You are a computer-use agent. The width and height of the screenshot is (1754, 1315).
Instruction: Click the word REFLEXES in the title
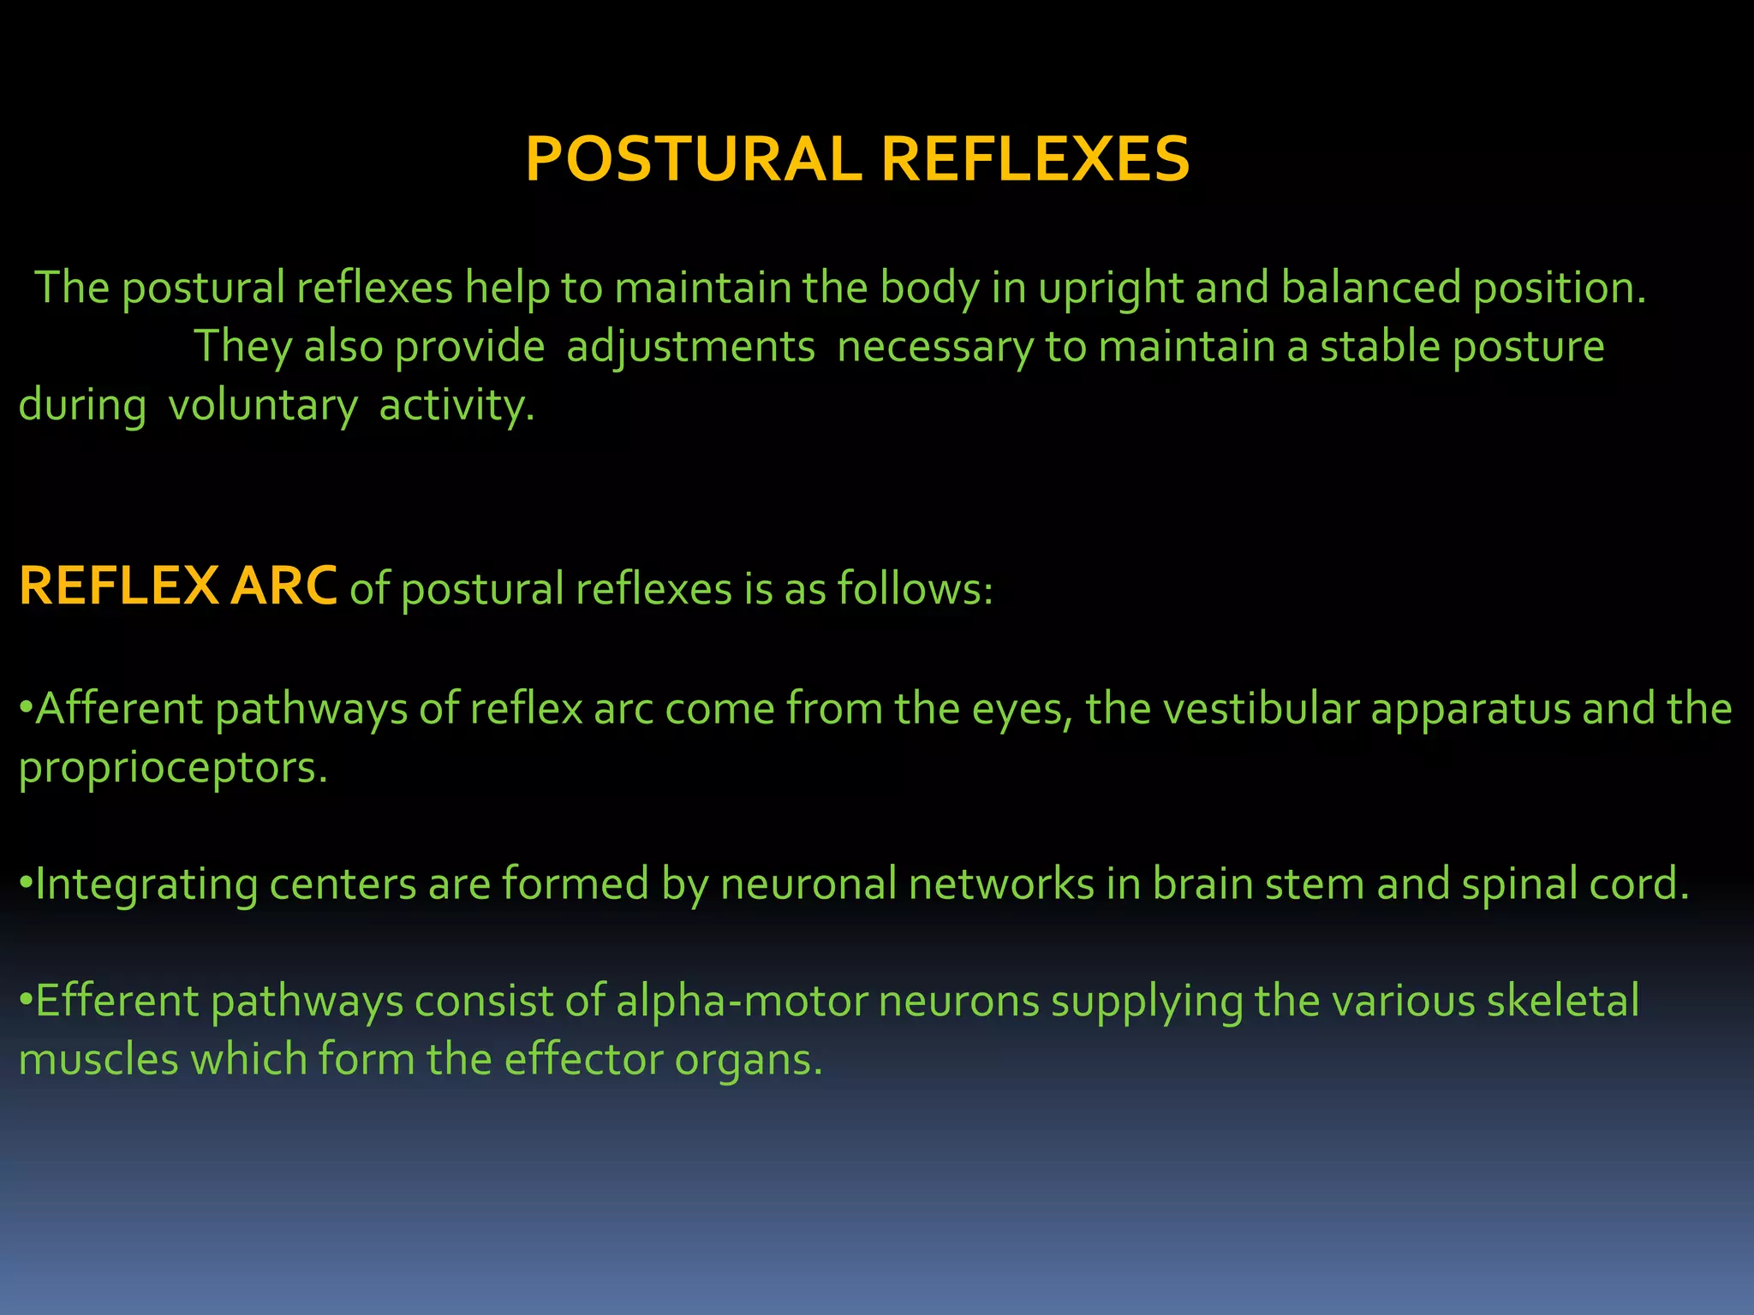click(1035, 160)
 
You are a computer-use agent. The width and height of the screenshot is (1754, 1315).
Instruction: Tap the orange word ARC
click(283, 587)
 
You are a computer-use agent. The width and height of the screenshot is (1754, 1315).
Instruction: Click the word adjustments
click(690, 348)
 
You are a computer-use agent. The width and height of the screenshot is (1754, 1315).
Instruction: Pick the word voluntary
click(262, 406)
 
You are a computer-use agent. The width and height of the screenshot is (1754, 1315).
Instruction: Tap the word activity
click(456, 406)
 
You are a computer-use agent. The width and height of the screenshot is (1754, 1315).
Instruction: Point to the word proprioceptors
click(172, 768)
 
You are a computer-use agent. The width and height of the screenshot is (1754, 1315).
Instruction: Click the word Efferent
click(117, 1002)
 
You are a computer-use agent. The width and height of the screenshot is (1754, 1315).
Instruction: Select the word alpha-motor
click(742, 1002)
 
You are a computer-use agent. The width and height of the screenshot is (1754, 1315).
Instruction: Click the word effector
click(582, 1060)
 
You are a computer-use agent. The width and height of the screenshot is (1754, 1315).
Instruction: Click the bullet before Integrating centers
click(26, 884)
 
